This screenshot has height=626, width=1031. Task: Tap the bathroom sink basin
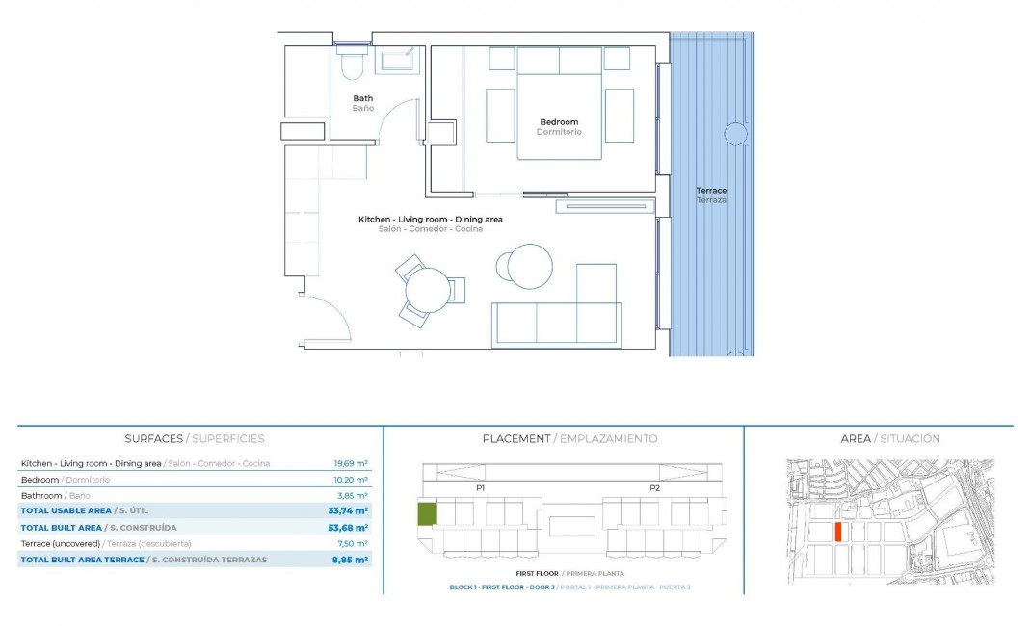pos(397,62)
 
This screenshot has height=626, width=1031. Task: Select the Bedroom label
pos(559,122)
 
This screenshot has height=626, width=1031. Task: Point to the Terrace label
pos(712,191)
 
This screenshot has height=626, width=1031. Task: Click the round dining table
pos(427,289)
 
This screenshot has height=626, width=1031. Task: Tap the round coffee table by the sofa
pos(530,267)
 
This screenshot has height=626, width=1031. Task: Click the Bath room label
pos(362,98)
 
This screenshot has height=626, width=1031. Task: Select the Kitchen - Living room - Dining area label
pos(430,220)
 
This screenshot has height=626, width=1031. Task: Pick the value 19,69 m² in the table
pos(351,464)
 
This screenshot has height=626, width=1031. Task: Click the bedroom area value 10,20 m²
pos(351,480)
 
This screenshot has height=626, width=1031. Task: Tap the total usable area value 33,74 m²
pos(349,510)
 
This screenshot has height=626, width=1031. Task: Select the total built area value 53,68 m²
pos(349,528)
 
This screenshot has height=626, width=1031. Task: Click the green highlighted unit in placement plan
pos(426,514)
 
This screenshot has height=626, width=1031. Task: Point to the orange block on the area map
pos(838,532)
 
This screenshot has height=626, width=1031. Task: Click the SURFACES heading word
pos(153,439)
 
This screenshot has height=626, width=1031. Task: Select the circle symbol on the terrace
pos(736,134)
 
